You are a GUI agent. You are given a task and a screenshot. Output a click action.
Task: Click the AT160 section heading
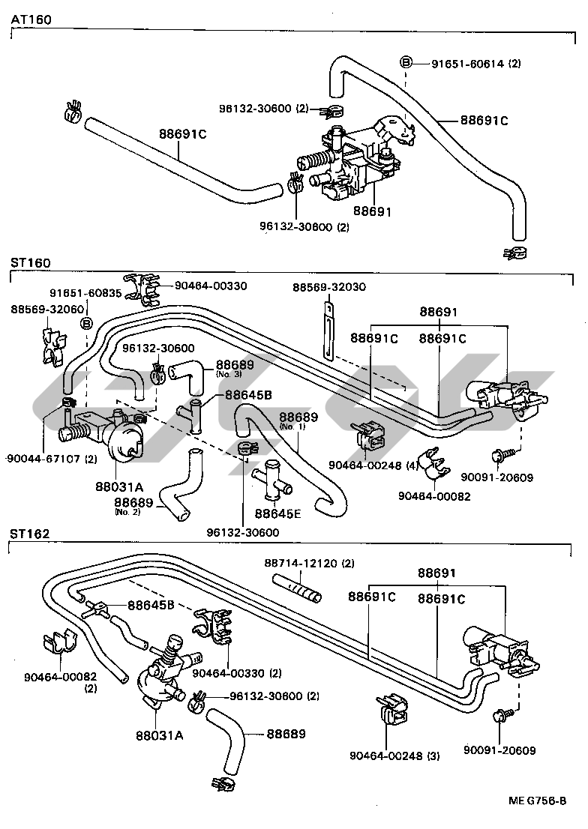(x=31, y=20)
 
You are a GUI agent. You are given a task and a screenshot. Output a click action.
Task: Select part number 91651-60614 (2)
(x=475, y=64)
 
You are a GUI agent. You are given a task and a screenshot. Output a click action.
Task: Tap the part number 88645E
(x=277, y=513)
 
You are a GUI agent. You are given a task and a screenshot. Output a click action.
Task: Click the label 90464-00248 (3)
(x=394, y=756)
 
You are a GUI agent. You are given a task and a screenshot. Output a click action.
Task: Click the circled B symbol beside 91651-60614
(x=406, y=62)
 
